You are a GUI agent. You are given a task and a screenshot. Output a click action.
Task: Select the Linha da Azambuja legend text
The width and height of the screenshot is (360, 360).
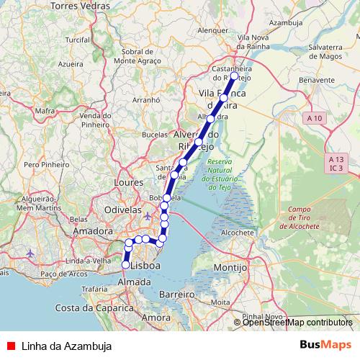pyautogui.click(x=66, y=346)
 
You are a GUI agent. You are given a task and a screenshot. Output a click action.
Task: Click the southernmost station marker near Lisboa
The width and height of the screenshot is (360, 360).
pyautogui.click(x=125, y=265)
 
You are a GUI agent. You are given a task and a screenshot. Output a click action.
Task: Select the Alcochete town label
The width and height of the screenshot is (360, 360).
pyautogui.click(x=238, y=233)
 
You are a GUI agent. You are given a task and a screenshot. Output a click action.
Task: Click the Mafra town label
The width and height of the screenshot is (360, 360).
pyautogui.click(x=45, y=111)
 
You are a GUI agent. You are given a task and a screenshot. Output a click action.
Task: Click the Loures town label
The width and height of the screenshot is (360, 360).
pyautogui.click(x=129, y=182)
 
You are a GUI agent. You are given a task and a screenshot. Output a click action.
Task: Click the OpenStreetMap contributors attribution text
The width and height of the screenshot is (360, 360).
pyautogui.click(x=297, y=323)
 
